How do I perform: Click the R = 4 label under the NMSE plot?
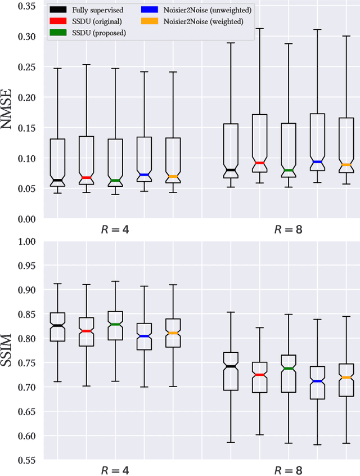click(x=115, y=230)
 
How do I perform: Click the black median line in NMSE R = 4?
click(x=57, y=181)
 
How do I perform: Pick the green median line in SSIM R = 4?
click(x=115, y=325)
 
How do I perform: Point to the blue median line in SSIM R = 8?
click(x=318, y=381)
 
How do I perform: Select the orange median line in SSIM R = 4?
click(x=173, y=333)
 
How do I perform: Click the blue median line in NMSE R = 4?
click(x=144, y=175)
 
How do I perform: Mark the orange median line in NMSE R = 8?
click(x=346, y=165)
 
